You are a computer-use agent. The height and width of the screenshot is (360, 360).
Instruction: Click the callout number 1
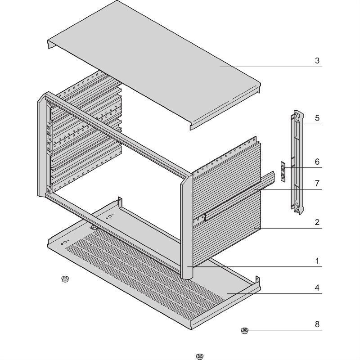point(317,261)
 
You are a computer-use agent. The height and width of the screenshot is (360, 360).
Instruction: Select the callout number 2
point(317,222)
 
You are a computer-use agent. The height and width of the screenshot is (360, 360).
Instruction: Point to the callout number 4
point(317,288)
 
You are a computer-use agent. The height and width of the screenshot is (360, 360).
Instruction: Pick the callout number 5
point(317,118)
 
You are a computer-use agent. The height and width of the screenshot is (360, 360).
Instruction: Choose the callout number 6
point(317,162)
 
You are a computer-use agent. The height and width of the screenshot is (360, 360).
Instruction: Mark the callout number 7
point(317,184)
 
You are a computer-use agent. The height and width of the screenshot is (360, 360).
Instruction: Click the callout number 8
point(317,324)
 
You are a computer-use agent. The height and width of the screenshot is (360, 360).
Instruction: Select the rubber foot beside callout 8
point(245,331)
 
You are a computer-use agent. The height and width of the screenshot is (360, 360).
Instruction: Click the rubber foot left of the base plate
point(65,279)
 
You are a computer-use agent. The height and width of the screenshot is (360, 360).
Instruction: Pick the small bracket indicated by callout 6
point(283,172)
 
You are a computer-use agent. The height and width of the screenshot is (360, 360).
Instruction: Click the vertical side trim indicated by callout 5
point(297,162)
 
